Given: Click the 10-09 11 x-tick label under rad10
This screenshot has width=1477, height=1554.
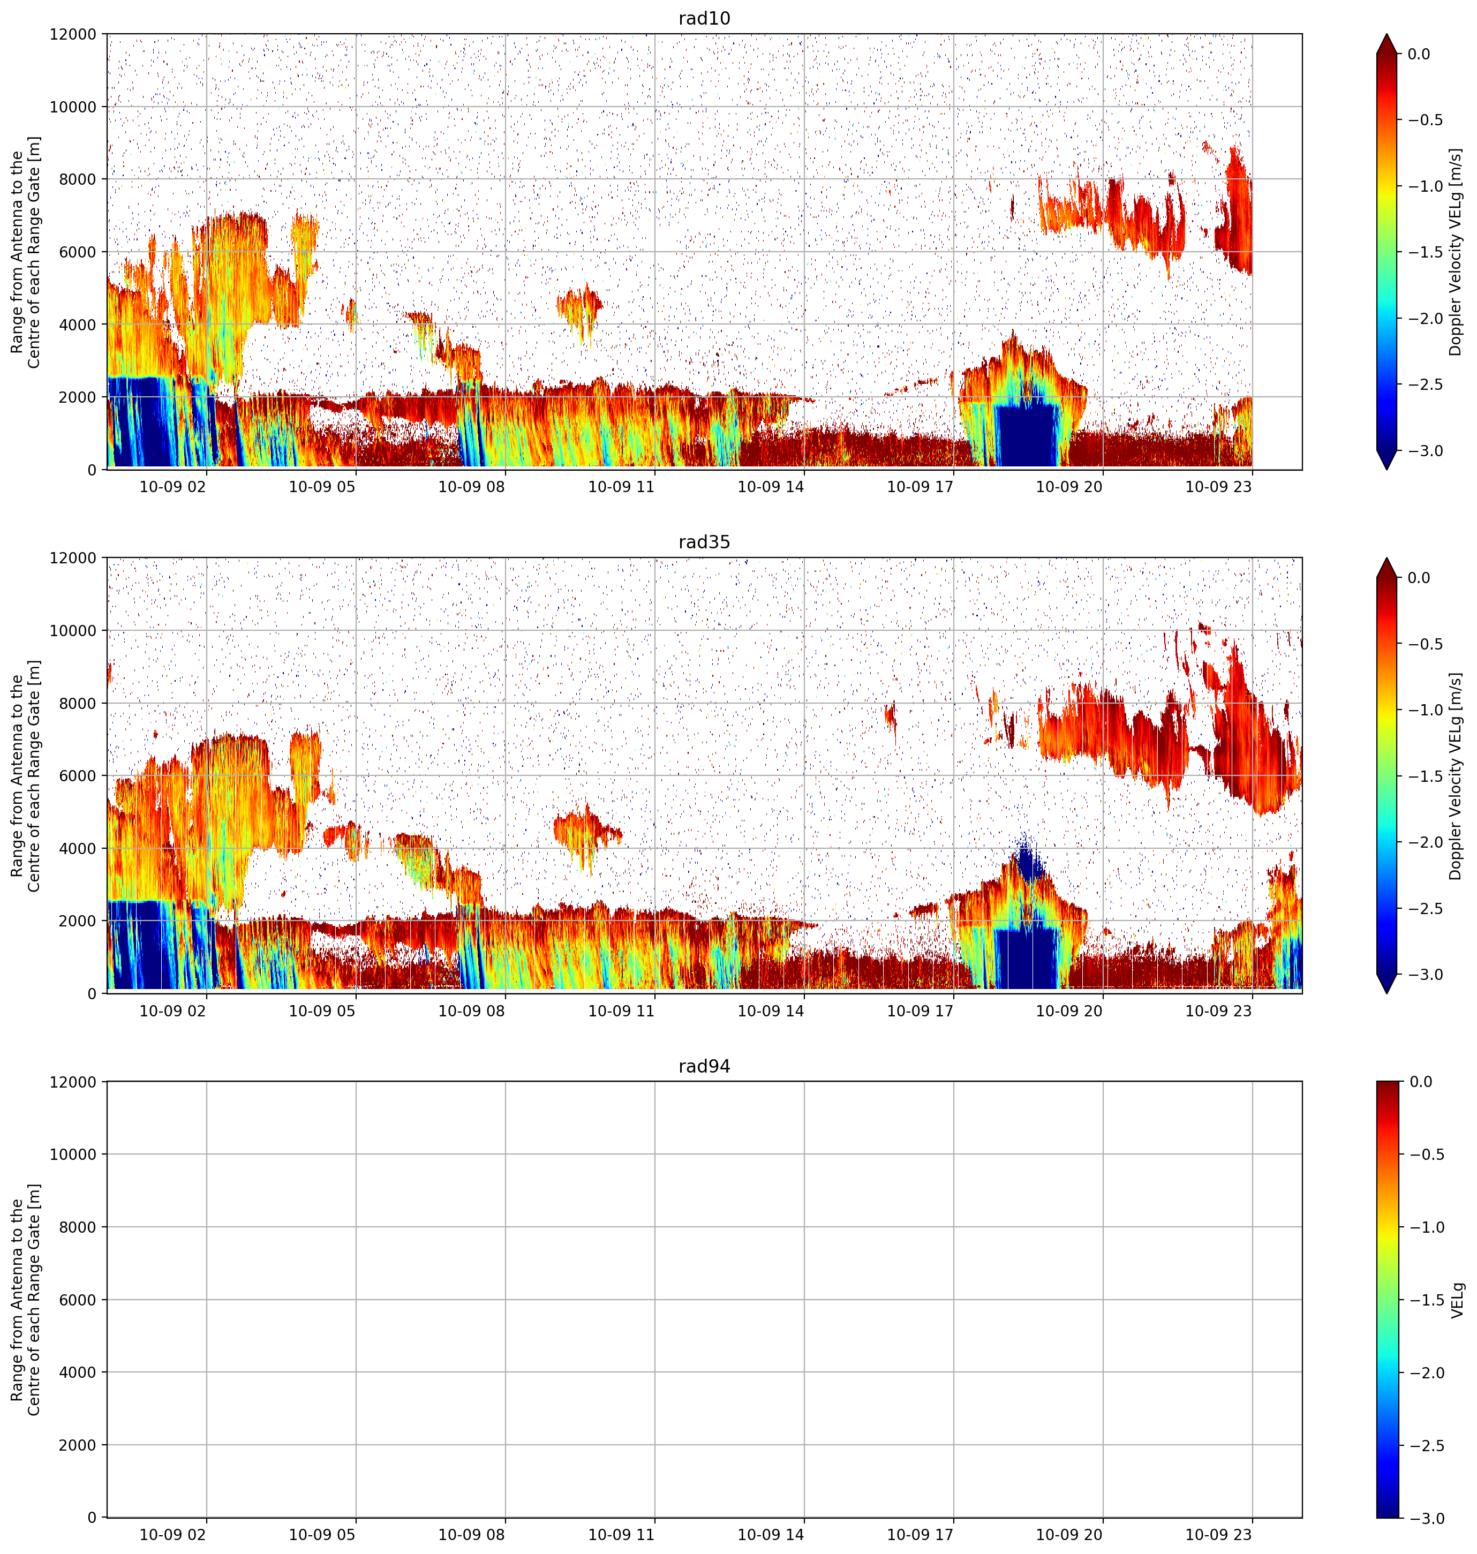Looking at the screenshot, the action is pos(621,487).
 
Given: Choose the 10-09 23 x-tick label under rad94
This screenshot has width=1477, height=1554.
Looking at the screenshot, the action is pos(1219,1534).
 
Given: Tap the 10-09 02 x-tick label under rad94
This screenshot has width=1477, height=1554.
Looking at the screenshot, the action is pos(172,1534).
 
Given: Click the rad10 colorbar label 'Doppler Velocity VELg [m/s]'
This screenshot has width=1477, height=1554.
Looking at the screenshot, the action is pos(1455,252).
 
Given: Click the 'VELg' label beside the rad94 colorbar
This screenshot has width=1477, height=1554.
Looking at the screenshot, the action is pos(1457,1300).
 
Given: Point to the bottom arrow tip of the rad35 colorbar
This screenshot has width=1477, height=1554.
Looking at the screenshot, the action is pos(1386,993).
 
